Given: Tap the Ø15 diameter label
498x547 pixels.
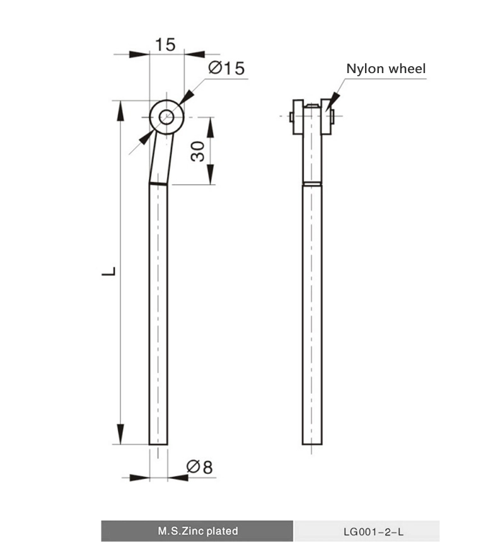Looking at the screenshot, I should click(225, 68).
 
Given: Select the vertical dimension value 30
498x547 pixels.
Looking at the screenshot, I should click(198, 151).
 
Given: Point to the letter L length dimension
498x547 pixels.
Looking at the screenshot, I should click(109, 272).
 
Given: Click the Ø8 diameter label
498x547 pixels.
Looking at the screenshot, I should click(200, 467).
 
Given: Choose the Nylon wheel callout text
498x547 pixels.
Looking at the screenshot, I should click(386, 69).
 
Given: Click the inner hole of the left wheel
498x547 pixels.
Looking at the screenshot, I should click(166, 117).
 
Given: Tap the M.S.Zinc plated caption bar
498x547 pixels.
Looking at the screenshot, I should click(197, 531).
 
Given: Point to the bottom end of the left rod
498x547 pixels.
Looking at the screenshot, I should click(158, 443).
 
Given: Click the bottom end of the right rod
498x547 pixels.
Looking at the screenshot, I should click(311, 443).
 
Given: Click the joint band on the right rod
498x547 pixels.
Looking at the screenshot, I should click(311, 183).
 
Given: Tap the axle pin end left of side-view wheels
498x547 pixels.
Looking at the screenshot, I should click(289, 117).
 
